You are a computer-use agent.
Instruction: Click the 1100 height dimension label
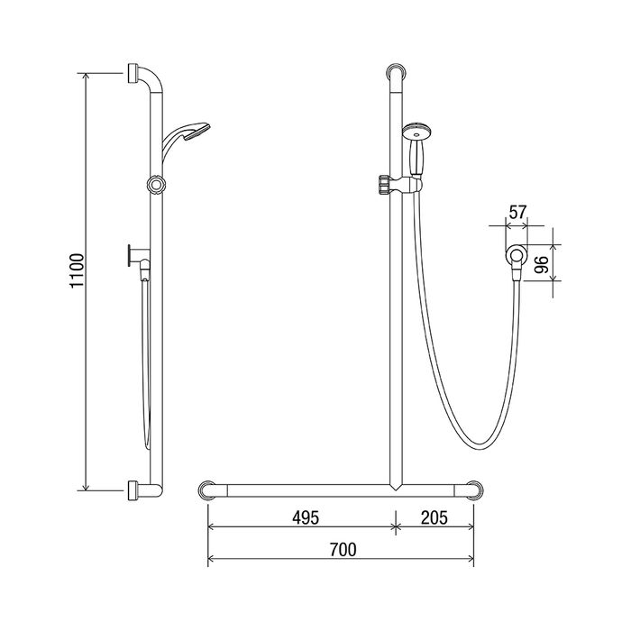pyautogui.click(x=77, y=270)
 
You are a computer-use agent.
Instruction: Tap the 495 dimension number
pyautogui.click(x=306, y=517)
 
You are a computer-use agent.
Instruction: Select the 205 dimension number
pyautogui.click(x=434, y=517)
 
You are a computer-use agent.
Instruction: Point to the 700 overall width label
pyautogui.click(x=343, y=549)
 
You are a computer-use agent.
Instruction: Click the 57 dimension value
pyautogui.click(x=517, y=212)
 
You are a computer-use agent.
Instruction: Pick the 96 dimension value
pyautogui.click(x=542, y=264)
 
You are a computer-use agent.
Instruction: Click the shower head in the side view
pyautogui.click(x=186, y=139)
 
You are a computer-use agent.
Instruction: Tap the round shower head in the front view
pyautogui.click(x=417, y=131)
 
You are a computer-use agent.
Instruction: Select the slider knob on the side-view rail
pyautogui.click(x=156, y=185)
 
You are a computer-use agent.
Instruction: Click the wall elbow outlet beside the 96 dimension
pyautogui.click(x=515, y=259)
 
